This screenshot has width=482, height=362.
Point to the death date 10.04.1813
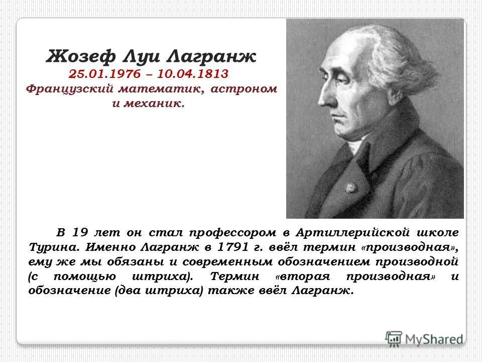(x=193, y=74)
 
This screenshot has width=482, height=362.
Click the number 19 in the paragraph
(x=79, y=233)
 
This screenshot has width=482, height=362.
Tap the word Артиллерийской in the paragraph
(x=354, y=233)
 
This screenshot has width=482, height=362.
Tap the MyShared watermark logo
(x=424, y=338)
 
